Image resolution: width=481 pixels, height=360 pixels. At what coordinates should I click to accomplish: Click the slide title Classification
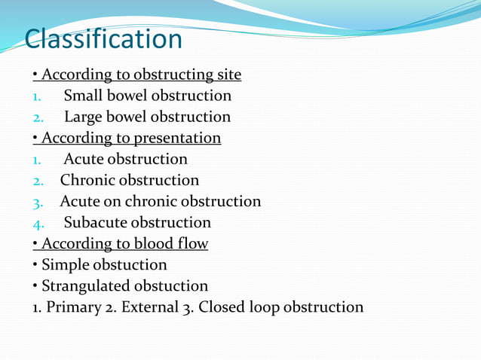pyautogui.click(x=103, y=38)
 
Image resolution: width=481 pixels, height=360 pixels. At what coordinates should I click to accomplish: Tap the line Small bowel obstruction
pyautogui.click(x=147, y=96)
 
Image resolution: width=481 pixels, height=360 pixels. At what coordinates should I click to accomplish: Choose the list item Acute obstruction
pyautogui.click(x=125, y=159)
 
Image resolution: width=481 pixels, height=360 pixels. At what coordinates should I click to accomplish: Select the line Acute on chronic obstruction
pyautogui.click(x=160, y=201)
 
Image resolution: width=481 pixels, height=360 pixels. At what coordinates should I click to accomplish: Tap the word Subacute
pyautogui.click(x=95, y=222)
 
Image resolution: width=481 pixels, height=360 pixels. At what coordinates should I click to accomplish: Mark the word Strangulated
pyautogui.click(x=85, y=285)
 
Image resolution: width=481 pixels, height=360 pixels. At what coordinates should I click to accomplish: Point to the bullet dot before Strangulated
pyautogui.click(x=35, y=286)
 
